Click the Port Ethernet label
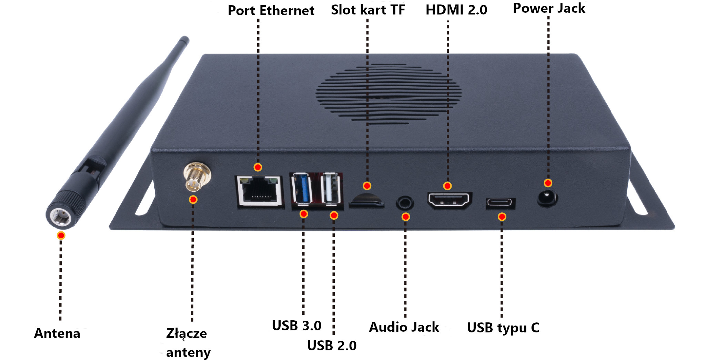271,11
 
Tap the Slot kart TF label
368,10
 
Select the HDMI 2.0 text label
456,10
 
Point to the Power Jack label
549,8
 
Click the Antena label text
57,333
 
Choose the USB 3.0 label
296,326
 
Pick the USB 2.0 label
332,346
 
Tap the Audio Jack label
404,327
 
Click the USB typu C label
503,328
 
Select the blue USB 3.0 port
301,189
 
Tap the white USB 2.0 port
331,189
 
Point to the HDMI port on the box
450,200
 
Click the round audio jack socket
405,203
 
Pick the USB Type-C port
501,203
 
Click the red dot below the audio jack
406,217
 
